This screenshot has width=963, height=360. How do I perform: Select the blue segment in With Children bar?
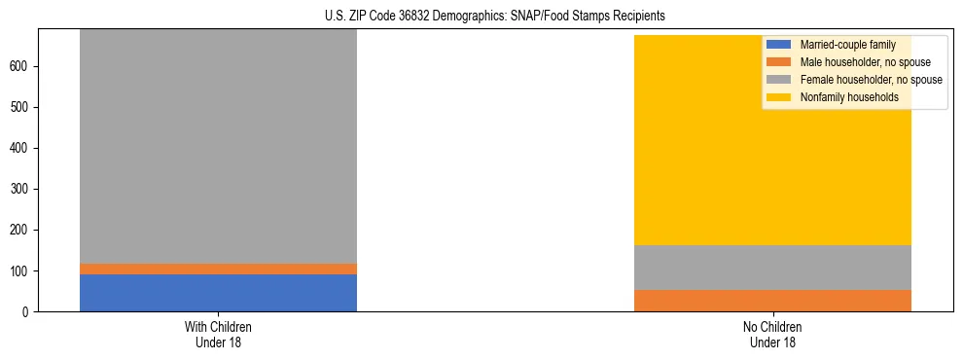[x=218, y=293]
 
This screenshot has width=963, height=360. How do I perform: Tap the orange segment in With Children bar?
[x=218, y=269]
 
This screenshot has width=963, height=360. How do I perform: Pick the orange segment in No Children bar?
[x=772, y=301]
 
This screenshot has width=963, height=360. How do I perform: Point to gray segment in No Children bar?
[x=772, y=268]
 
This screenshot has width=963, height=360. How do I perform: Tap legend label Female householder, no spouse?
[x=871, y=80]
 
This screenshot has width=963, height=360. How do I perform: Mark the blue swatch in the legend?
[x=779, y=45]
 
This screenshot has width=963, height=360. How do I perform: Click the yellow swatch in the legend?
[x=779, y=97]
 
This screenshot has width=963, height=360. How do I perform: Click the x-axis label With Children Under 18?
[x=218, y=334]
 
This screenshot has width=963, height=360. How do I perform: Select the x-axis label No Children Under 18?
[x=772, y=334]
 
